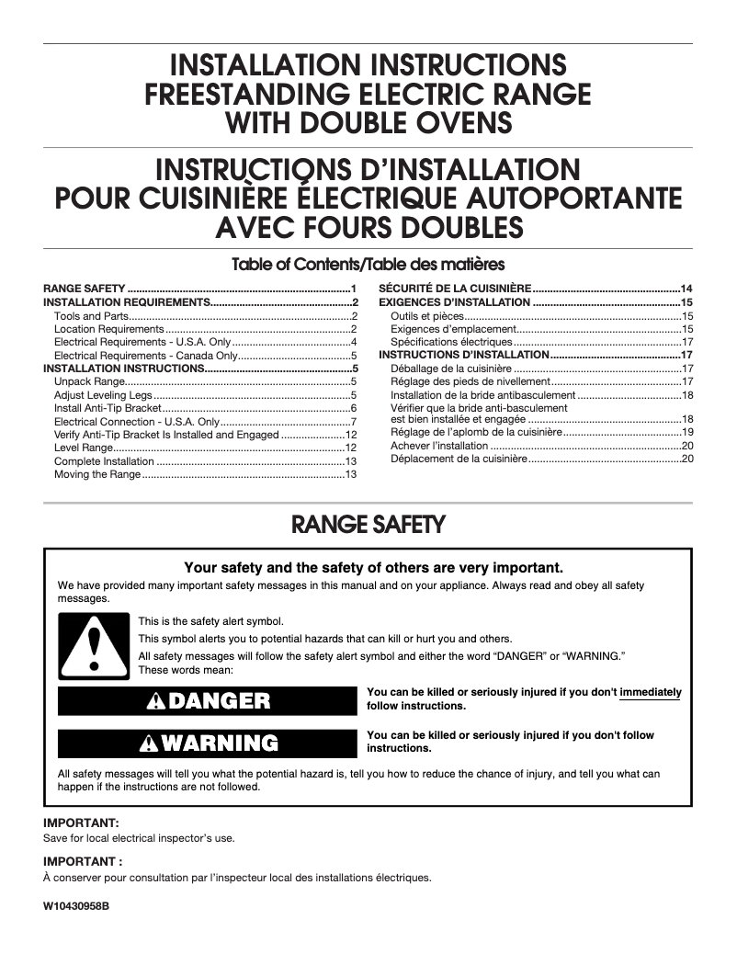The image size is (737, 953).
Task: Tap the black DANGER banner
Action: click(207, 701)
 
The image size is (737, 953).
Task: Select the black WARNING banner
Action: click(207, 743)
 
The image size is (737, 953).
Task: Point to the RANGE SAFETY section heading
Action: click(368, 526)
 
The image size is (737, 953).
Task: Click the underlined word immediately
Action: click(651, 692)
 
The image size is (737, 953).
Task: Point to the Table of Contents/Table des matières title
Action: click(368, 266)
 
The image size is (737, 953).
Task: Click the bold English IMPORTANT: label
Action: click(82, 823)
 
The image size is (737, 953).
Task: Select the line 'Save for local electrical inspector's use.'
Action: click(140, 838)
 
